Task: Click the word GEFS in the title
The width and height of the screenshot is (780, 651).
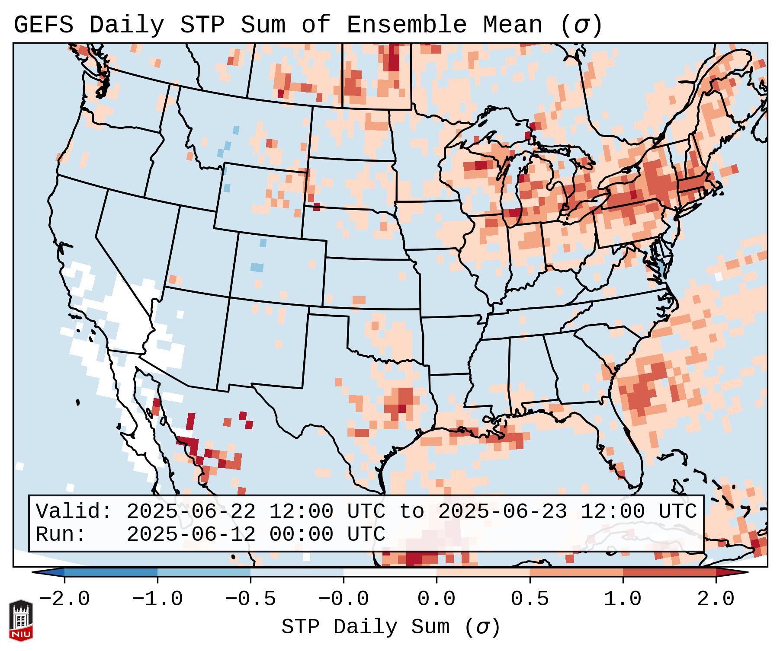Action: pyautogui.click(x=43, y=25)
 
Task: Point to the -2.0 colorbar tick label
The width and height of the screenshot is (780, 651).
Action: pyautogui.click(x=64, y=599)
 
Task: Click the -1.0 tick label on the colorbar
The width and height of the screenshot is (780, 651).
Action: pyautogui.click(x=157, y=599)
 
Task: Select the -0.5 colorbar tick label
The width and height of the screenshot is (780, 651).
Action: pyautogui.click(x=250, y=599)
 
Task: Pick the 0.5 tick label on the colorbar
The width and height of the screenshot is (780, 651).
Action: pyautogui.click(x=530, y=599)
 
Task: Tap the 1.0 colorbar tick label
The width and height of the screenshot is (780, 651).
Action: pyautogui.click(x=623, y=599)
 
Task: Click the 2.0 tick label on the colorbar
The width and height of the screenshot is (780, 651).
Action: pyautogui.click(x=716, y=599)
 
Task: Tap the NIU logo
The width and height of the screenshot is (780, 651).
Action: pyautogui.click(x=21, y=620)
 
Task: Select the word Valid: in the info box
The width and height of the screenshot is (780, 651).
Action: pyautogui.click(x=74, y=511)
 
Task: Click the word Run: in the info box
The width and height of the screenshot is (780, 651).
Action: pyautogui.click(x=61, y=534)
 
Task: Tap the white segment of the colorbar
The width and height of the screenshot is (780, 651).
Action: pyautogui.click(x=390, y=572)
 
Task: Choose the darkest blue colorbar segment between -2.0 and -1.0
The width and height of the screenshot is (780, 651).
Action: pyautogui.click(x=111, y=572)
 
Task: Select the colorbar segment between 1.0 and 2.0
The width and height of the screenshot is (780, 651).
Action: pyautogui.click(x=669, y=572)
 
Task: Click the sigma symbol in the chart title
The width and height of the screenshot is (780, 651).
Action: pyautogui.click(x=581, y=25)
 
